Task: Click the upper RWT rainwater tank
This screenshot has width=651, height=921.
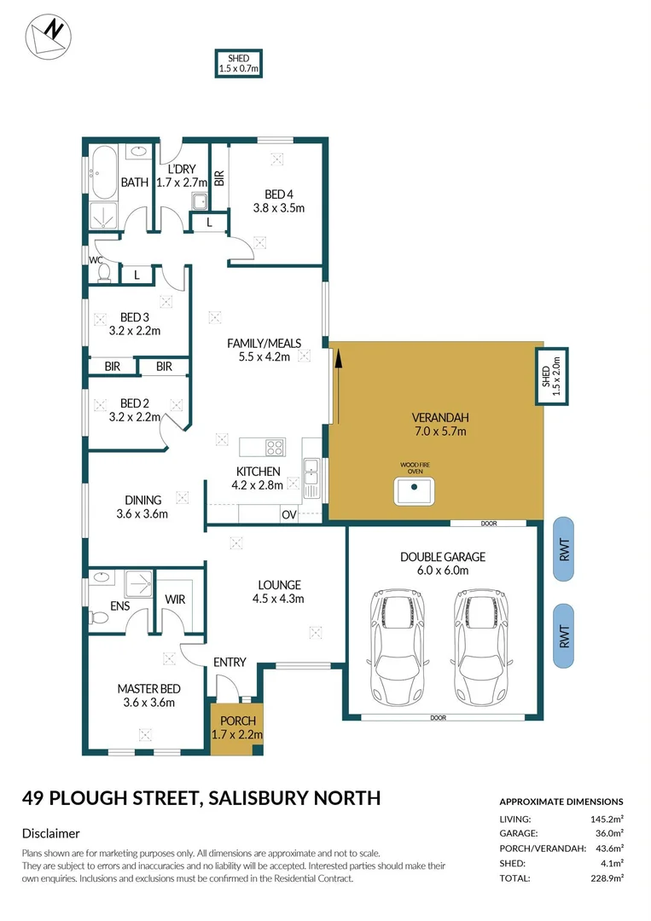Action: point(564,550)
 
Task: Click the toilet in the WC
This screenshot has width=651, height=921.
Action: point(105,272)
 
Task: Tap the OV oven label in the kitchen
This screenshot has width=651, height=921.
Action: point(289,514)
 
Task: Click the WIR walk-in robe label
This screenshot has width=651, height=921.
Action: point(175,600)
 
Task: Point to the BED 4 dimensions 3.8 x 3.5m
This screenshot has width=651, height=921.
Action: point(278,207)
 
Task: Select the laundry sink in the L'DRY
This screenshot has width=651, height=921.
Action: point(199,202)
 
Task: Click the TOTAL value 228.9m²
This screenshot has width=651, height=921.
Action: point(606,878)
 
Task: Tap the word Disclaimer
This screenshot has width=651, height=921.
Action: point(50,833)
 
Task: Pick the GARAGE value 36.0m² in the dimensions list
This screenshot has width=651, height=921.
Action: point(608,833)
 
